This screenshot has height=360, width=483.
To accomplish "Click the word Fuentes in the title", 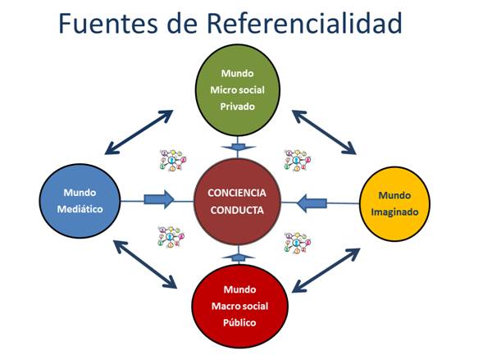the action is [108, 24].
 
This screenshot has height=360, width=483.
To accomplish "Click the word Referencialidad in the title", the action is [304, 24].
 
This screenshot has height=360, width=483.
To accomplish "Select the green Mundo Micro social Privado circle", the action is [238, 90].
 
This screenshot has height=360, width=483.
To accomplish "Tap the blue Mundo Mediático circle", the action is [80, 201].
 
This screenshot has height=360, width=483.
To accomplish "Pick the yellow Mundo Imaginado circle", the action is [394, 204].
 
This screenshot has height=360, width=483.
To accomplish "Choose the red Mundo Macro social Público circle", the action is [239, 306].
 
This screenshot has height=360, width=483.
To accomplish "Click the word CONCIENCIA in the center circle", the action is [237, 193].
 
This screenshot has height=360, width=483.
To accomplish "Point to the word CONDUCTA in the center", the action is [237, 210].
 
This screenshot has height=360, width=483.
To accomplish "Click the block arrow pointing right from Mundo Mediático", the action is [159, 199].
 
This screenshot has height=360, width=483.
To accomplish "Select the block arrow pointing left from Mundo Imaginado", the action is [312, 203].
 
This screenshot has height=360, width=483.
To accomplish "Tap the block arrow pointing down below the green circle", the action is [238, 148].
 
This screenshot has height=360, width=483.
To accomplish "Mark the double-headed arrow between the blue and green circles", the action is [139, 132].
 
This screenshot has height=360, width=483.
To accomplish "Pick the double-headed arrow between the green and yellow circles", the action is [324, 132].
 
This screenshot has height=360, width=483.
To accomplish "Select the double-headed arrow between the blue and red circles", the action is [145, 265].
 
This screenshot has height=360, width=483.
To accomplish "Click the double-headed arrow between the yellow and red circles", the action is [326, 270].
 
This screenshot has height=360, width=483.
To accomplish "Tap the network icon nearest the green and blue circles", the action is [173, 160].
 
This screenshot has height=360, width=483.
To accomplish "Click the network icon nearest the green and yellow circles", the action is [298, 160].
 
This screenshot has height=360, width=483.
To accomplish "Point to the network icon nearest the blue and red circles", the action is [171, 237].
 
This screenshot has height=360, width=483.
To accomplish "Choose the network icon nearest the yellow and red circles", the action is [298, 243].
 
